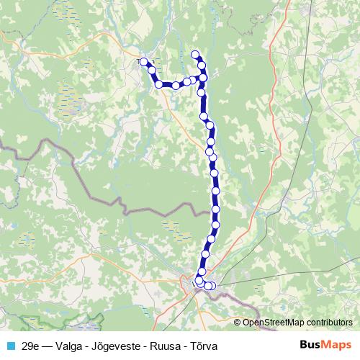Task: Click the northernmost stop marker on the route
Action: tap(194, 54)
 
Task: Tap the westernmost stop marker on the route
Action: tap(143, 61)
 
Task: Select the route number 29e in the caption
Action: tap(31, 345)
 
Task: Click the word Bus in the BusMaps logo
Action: tap(310, 344)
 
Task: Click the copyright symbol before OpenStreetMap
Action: tap(238, 323)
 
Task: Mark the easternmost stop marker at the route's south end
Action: tap(212, 286)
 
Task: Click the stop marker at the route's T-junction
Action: tap(203, 77)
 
